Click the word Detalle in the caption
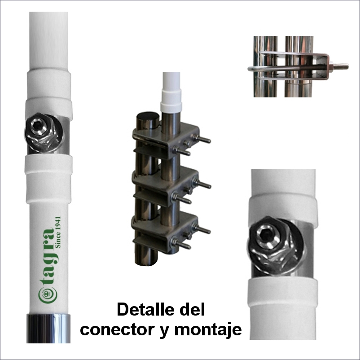pyautogui.click(x=146, y=309)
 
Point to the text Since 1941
pyautogui.click(x=58, y=232)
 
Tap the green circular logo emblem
pyautogui.click(x=48, y=295)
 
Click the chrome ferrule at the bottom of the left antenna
pyautogui.click(x=48, y=329)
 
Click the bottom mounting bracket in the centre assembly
pyautogui.click(x=165, y=232)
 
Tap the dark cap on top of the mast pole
pyautogui.click(x=147, y=117)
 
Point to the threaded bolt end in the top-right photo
pyautogui.click(x=341, y=66)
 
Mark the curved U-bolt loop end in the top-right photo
pyautogui.click(x=253, y=68)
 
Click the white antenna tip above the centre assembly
pyautogui.click(x=171, y=81)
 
